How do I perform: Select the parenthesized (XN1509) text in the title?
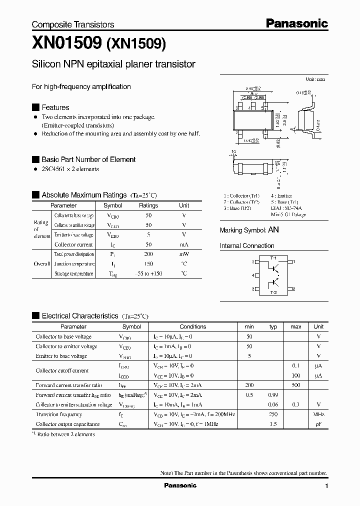(135, 44)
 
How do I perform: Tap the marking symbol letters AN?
(273, 230)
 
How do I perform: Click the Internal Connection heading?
(247, 246)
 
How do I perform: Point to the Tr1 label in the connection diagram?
(273, 257)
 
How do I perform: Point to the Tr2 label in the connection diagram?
(273, 292)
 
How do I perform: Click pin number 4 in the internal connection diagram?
(252, 275)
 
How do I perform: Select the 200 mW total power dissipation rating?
(148, 254)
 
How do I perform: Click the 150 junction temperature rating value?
(148, 264)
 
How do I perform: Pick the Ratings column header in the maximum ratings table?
(148, 205)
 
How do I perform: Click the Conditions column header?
(192, 326)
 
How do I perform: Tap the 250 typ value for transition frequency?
(273, 414)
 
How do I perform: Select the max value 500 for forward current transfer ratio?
(296, 385)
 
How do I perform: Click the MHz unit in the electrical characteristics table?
(318, 414)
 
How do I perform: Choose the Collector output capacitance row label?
(67, 424)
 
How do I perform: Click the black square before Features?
(35, 107)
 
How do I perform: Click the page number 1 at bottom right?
(326, 486)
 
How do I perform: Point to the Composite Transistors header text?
(73, 24)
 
